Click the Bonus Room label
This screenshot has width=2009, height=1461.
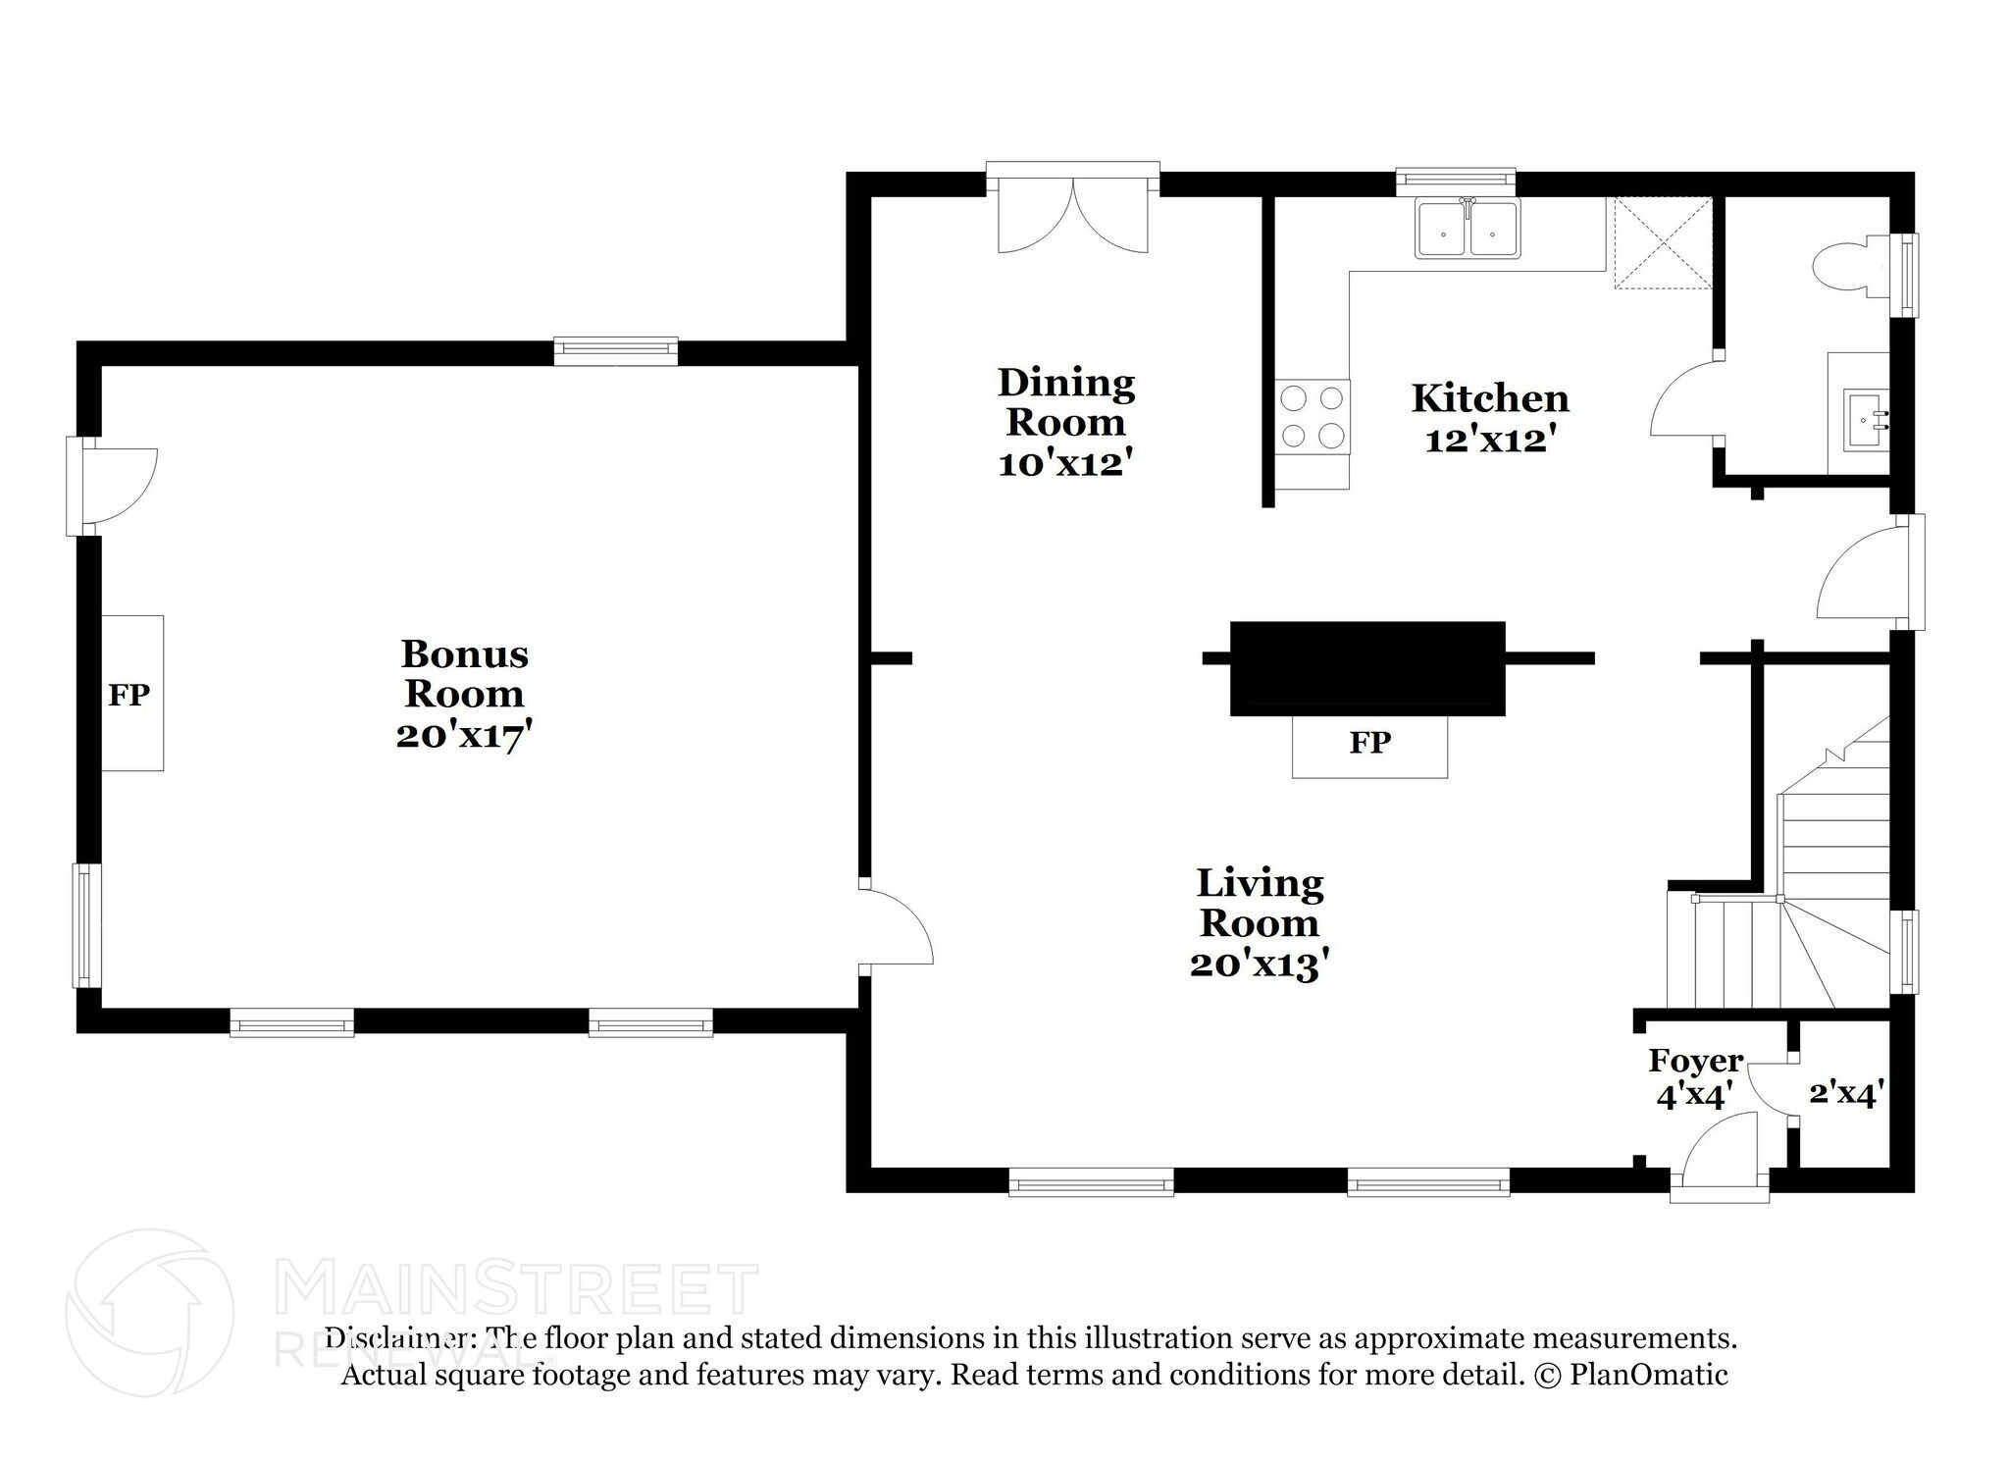(465, 673)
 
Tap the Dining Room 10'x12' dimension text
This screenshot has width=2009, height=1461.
(1066, 464)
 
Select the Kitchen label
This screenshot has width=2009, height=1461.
(1490, 398)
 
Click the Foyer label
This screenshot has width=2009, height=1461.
(1696, 1061)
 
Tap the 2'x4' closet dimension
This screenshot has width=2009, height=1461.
(1847, 1093)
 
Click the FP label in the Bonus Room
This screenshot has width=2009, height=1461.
(129, 695)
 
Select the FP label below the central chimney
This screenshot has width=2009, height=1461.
(1369, 743)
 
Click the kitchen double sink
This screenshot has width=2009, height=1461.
(1467, 229)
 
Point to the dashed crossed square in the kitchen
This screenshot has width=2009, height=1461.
(1663, 243)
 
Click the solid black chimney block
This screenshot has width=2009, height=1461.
(1367, 668)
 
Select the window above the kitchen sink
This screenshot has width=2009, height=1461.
(1456, 180)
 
